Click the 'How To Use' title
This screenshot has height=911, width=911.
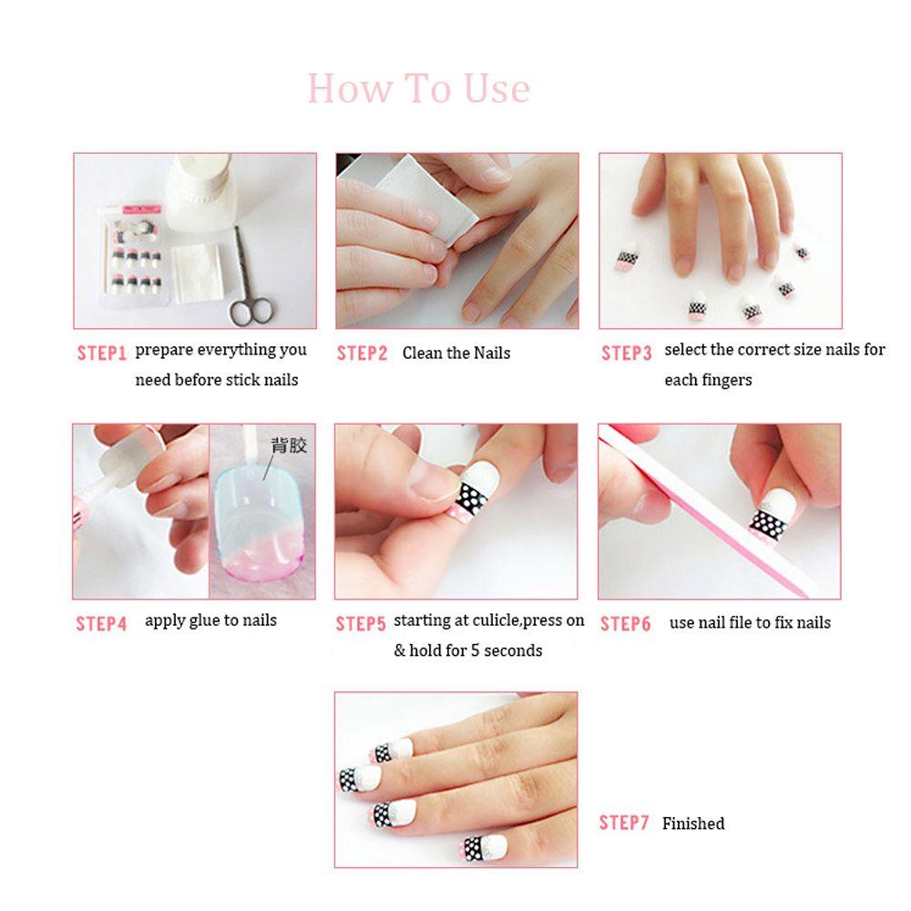click(x=418, y=88)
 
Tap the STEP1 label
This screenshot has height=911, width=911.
click(x=101, y=353)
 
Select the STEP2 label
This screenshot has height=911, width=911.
click(x=362, y=353)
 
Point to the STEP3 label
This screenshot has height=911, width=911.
click(x=626, y=353)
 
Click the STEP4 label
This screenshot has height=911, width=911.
click(x=101, y=624)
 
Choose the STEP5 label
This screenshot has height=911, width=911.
click(x=361, y=624)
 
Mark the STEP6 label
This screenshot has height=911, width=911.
click(x=625, y=624)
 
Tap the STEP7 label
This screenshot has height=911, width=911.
click(x=624, y=823)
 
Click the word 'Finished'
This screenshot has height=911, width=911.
click(x=693, y=824)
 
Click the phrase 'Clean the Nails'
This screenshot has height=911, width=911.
click(x=456, y=353)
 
